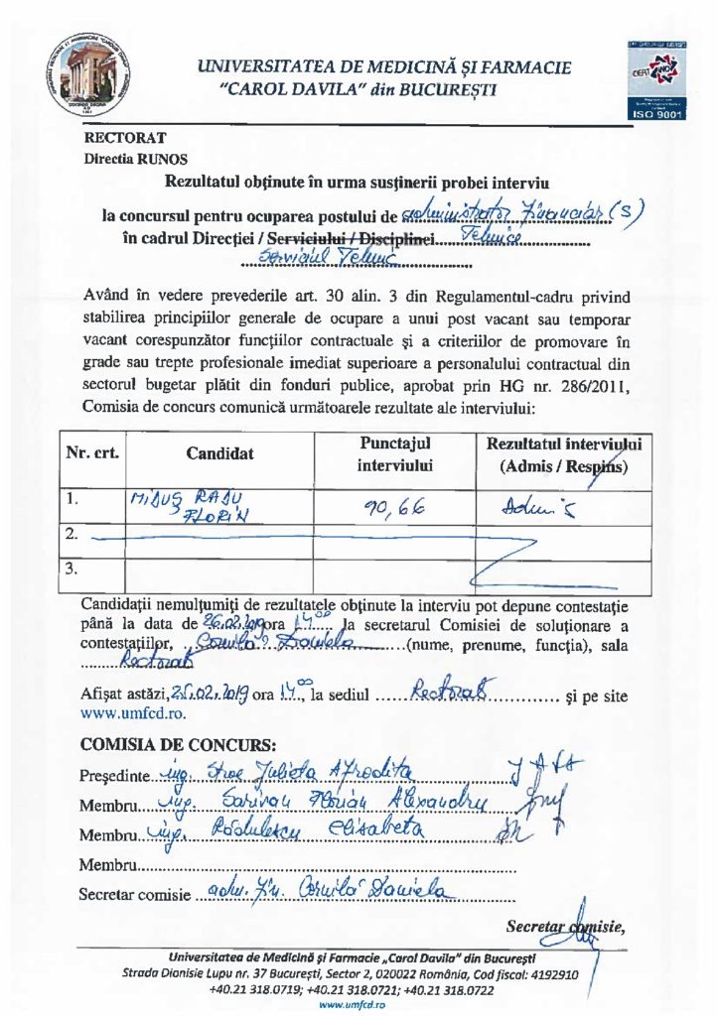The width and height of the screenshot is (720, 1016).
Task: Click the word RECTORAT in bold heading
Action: pyautogui.click(x=124, y=137)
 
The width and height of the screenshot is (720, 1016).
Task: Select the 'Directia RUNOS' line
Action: pyautogui.click(x=133, y=158)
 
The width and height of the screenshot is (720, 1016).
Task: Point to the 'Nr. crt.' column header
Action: pyautogui.click(x=92, y=452)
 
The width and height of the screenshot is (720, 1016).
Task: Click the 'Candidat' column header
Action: pyautogui.click(x=219, y=453)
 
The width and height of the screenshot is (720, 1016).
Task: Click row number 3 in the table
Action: pyautogui.click(x=71, y=570)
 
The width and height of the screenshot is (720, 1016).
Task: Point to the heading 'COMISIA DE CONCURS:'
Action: pyautogui.click(x=178, y=744)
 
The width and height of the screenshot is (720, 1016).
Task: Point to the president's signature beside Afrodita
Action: pyautogui.click(x=552, y=766)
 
